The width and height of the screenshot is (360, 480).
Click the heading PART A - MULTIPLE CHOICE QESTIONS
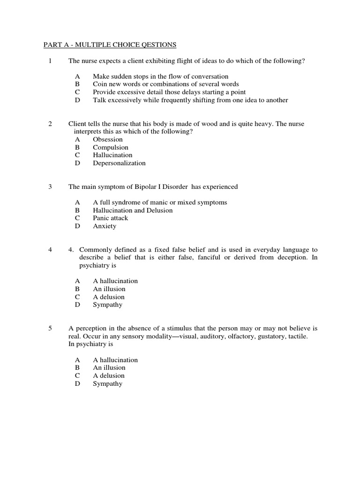[110, 45]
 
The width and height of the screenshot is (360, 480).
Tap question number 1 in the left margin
[50, 61]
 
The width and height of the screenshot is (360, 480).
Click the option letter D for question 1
[77, 100]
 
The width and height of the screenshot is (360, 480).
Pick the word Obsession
[108, 139]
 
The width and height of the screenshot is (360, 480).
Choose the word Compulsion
[110, 147]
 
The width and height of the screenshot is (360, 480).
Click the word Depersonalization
[119, 163]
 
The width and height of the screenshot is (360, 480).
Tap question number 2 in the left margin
[50, 124]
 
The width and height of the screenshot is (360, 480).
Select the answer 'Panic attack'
[110, 218]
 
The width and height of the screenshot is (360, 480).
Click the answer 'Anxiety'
[104, 226]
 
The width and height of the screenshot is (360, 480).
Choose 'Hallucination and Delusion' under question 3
[133, 210]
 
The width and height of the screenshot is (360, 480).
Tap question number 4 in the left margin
[50, 250]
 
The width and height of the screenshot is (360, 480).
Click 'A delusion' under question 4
[109, 297]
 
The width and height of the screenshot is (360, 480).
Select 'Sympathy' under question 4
[107, 305]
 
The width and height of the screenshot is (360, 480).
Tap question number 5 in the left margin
[50, 329]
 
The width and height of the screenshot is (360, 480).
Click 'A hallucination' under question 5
[115, 360]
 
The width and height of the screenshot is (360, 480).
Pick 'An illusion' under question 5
[109, 367]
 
